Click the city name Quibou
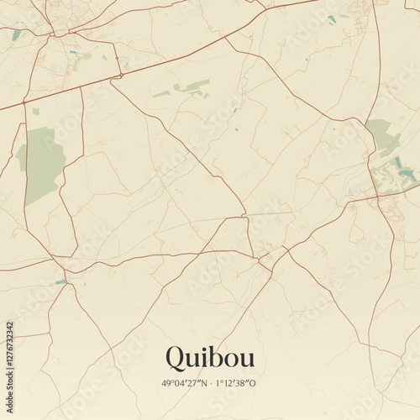tap(209, 358)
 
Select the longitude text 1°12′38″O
tap(237, 384)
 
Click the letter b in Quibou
tap(213, 357)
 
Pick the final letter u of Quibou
tap(245, 360)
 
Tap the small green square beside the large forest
tap(35, 111)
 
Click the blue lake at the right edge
tap(407, 174)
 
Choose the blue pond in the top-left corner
tap(17, 35)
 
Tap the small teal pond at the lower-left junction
tap(60, 281)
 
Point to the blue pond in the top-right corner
tap(332, 18)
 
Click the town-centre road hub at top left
tap(55, 34)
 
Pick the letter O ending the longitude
tap(257, 384)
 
